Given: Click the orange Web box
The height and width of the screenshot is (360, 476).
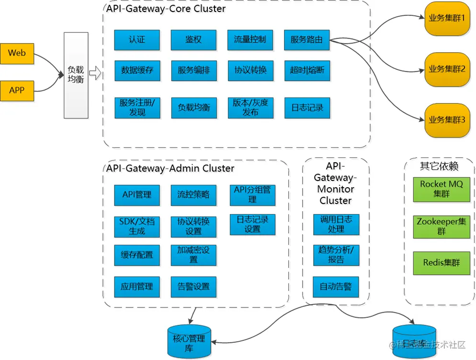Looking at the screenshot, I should pos(17,54).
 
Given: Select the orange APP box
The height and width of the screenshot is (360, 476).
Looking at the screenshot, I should pos(17,90).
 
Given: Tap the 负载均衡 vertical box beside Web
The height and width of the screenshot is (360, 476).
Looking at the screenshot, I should pos(76,75).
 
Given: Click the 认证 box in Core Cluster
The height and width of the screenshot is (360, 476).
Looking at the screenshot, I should pos(137,40).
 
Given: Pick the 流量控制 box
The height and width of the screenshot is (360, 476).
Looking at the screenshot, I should pos(250,40).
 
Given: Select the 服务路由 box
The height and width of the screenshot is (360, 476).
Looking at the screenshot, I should pos(306,40).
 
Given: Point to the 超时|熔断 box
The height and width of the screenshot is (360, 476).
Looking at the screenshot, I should pos(306,70).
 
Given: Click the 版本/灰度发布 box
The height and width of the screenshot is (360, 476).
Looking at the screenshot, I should pos(250,108).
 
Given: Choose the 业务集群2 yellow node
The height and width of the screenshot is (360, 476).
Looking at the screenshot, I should pos(447,69).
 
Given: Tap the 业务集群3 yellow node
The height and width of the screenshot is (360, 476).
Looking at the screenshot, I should pos(447,120).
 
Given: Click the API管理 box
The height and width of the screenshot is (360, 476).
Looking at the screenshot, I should pos(137,195).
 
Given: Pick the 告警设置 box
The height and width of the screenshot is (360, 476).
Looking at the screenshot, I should pos(193,287).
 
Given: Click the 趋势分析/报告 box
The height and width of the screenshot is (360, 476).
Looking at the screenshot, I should pos(336,255).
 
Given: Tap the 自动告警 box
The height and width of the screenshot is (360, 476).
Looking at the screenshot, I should pos(336,287).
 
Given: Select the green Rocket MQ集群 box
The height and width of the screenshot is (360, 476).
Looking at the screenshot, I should pos(442,189).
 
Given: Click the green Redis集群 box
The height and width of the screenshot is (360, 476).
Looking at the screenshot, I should pos(442,262).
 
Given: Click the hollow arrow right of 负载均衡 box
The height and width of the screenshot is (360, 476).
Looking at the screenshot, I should pos(95,74).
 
